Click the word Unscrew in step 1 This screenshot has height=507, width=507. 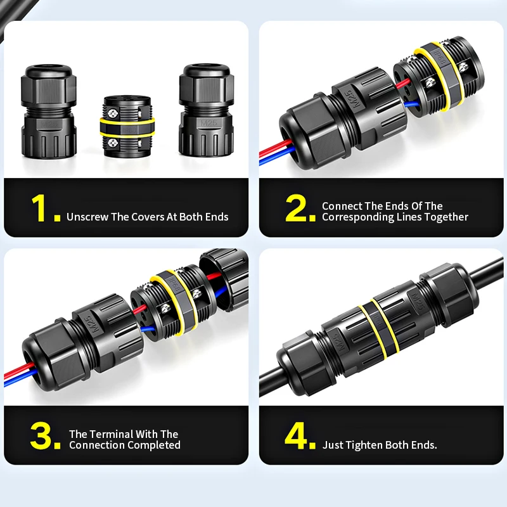[87, 217]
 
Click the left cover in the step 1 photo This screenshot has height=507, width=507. [49, 111]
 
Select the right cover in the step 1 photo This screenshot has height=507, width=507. [207, 110]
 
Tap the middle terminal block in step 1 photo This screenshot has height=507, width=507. [127, 126]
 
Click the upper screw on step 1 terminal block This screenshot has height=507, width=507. [113, 113]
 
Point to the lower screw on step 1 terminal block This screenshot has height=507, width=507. [113, 143]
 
